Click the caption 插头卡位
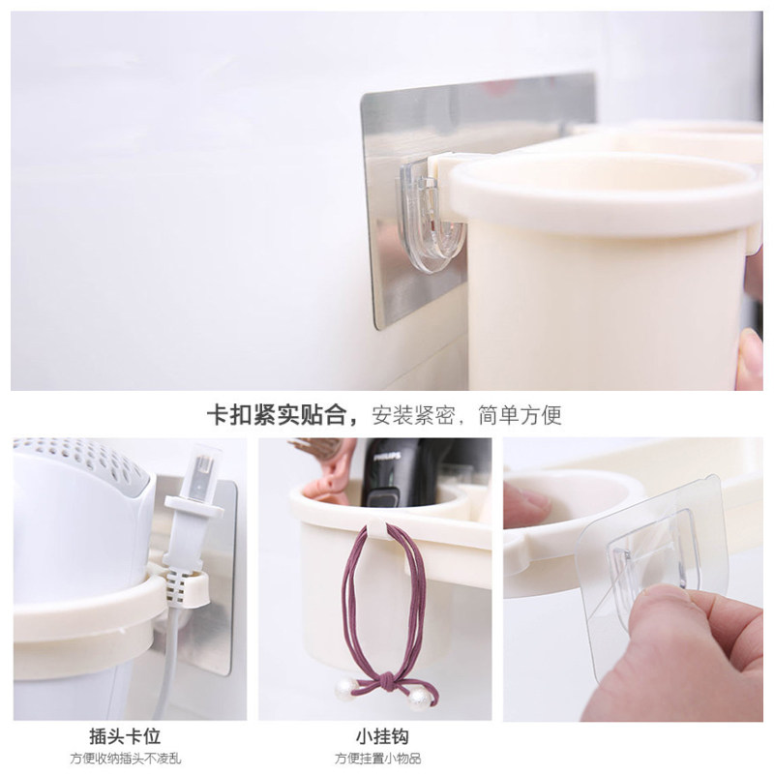(x=125, y=736)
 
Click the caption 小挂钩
(x=382, y=736)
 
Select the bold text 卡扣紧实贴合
(x=277, y=415)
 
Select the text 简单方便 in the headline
(x=520, y=415)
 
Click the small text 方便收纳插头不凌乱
(x=126, y=759)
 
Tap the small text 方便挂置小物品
(x=378, y=759)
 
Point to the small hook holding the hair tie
(x=378, y=532)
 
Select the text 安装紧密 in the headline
(x=414, y=415)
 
